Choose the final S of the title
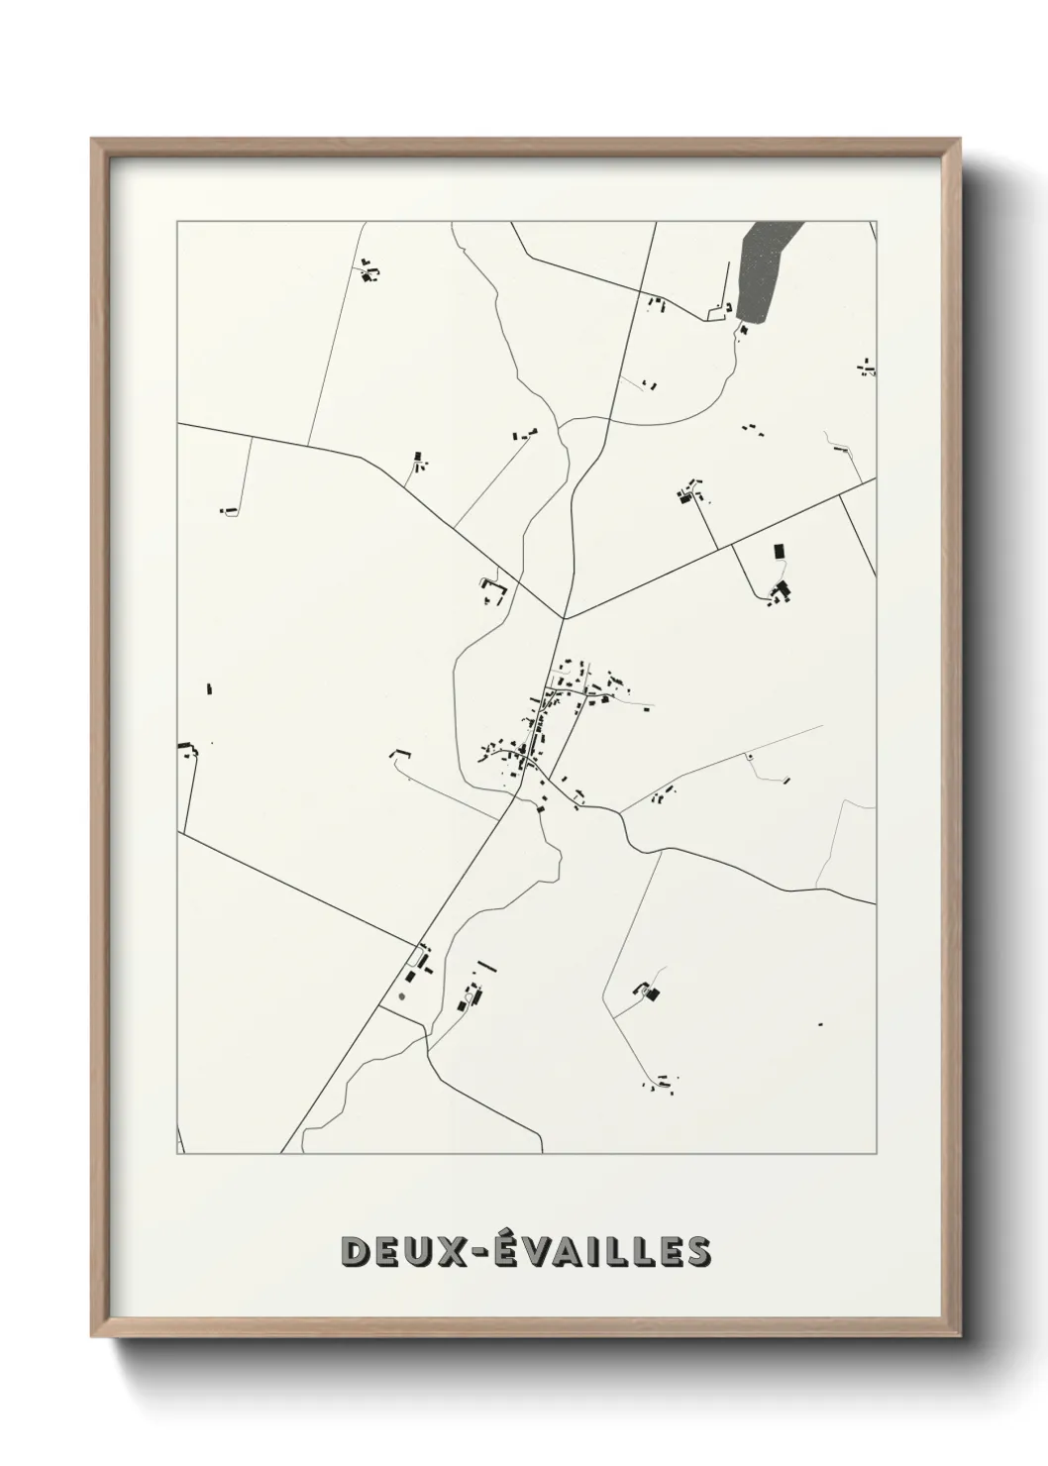tap(697, 1251)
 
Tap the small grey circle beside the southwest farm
tap(402, 995)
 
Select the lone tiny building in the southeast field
tap(820, 1024)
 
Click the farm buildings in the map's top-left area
tap(371, 272)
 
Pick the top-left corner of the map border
tap(177, 222)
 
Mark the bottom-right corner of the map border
tap(876, 1154)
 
